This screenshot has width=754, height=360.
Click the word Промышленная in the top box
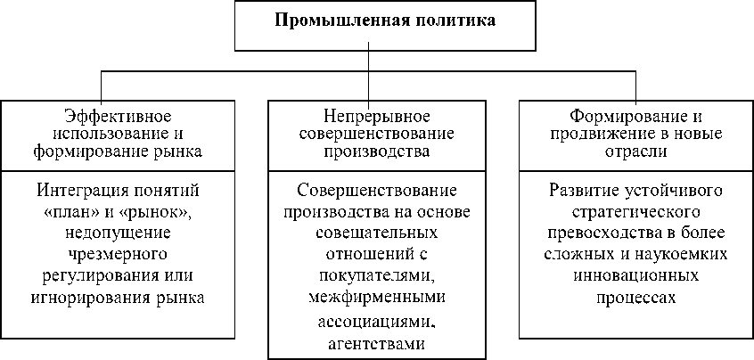coord(328,20)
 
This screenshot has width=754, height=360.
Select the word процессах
coord(635,297)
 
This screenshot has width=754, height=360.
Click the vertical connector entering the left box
coord(101,86)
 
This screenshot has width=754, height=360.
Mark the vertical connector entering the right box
coord(635,86)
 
